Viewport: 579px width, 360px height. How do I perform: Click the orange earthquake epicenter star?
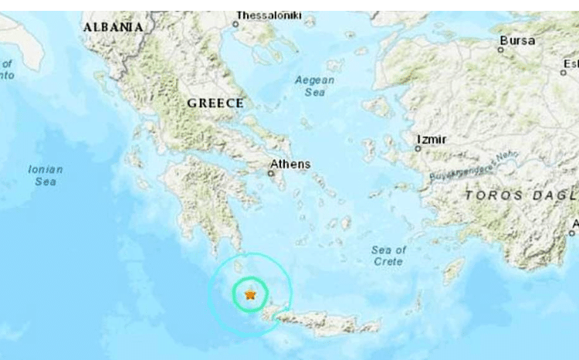(x=250, y=294)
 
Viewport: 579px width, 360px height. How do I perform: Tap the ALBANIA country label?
(x=113, y=27)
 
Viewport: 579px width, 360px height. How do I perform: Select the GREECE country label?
(x=215, y=103)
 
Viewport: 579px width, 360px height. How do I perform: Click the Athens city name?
(x=290, y=164)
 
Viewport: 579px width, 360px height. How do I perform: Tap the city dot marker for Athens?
(x=271, y=174)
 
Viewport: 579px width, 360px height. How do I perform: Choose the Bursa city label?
(x=517, y=40)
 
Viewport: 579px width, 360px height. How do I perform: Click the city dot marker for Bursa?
(x=500, y=50)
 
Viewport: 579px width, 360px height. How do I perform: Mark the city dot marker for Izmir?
(x=418, y=148)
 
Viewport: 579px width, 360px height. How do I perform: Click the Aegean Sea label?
(x=315, y=86)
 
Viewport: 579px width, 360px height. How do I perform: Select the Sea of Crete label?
(x=388, y=256)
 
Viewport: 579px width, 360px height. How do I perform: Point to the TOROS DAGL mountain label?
(x=521, y=196)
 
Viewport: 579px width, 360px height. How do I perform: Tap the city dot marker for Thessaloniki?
(x=235, y=24)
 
